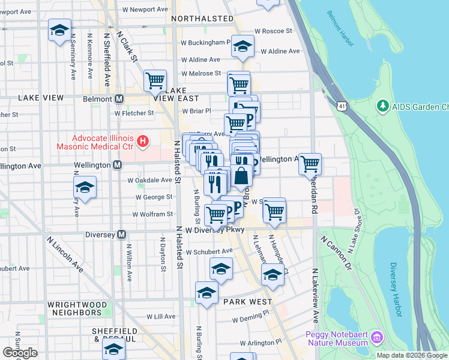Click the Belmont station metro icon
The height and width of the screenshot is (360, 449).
point(119,98)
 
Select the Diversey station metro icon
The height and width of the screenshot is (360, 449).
point(122,234)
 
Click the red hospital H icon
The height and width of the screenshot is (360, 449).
point(142,142)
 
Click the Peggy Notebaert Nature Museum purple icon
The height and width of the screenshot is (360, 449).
point(377,338)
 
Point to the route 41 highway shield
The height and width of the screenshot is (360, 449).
point(342,106)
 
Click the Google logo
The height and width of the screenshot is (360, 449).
point(20,353)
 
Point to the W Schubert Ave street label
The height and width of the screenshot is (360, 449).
point(209,252)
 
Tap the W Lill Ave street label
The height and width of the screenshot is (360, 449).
point(161,316)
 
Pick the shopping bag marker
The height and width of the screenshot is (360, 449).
point(241,176)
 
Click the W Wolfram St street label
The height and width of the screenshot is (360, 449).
point(152,214)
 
